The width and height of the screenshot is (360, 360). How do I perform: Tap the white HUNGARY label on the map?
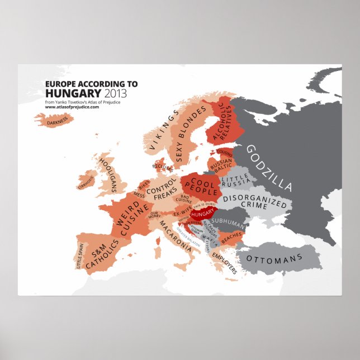pyautogui.click(x=202, y=214)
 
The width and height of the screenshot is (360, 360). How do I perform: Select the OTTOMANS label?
pyautogui.click(x=274, y=259)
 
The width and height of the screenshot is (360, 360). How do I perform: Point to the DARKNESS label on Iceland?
pyautogui.click(x=58, y=119)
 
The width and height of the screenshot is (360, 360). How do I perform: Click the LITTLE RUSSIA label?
pyautogui.click(x=235, y=181)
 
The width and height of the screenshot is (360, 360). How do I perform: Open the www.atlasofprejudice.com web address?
pyautogui.click(x=73, y=107)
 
